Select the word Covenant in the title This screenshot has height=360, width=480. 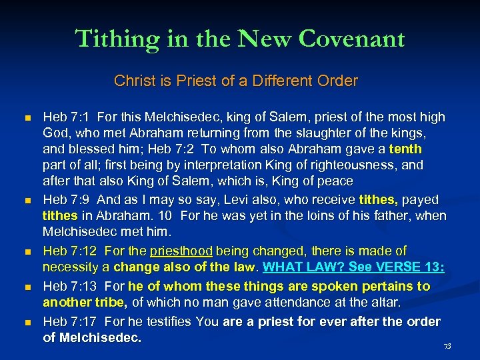pos(352,39)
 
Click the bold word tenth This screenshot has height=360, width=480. pos(405,149)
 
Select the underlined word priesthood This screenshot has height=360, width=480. pos(181,251)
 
